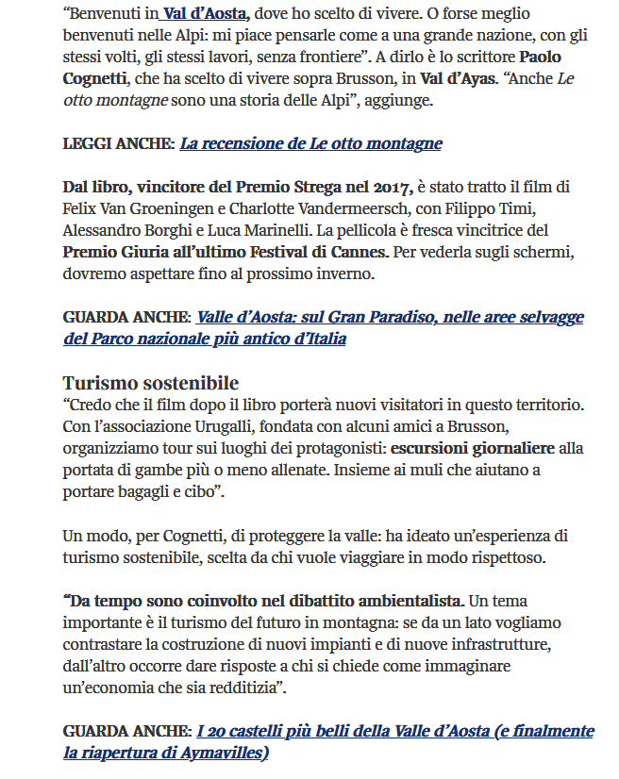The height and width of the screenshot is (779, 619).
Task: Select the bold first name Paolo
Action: coord(541,57)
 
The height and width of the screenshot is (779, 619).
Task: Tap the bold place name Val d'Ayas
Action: coord(458,78)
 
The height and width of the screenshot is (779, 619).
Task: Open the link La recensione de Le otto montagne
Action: coord(310,143)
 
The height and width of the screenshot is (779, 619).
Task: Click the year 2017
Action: coord(389,187)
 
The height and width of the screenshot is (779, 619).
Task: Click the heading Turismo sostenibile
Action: coord(151,383)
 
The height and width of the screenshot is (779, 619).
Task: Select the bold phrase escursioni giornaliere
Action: coord(472,448)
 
